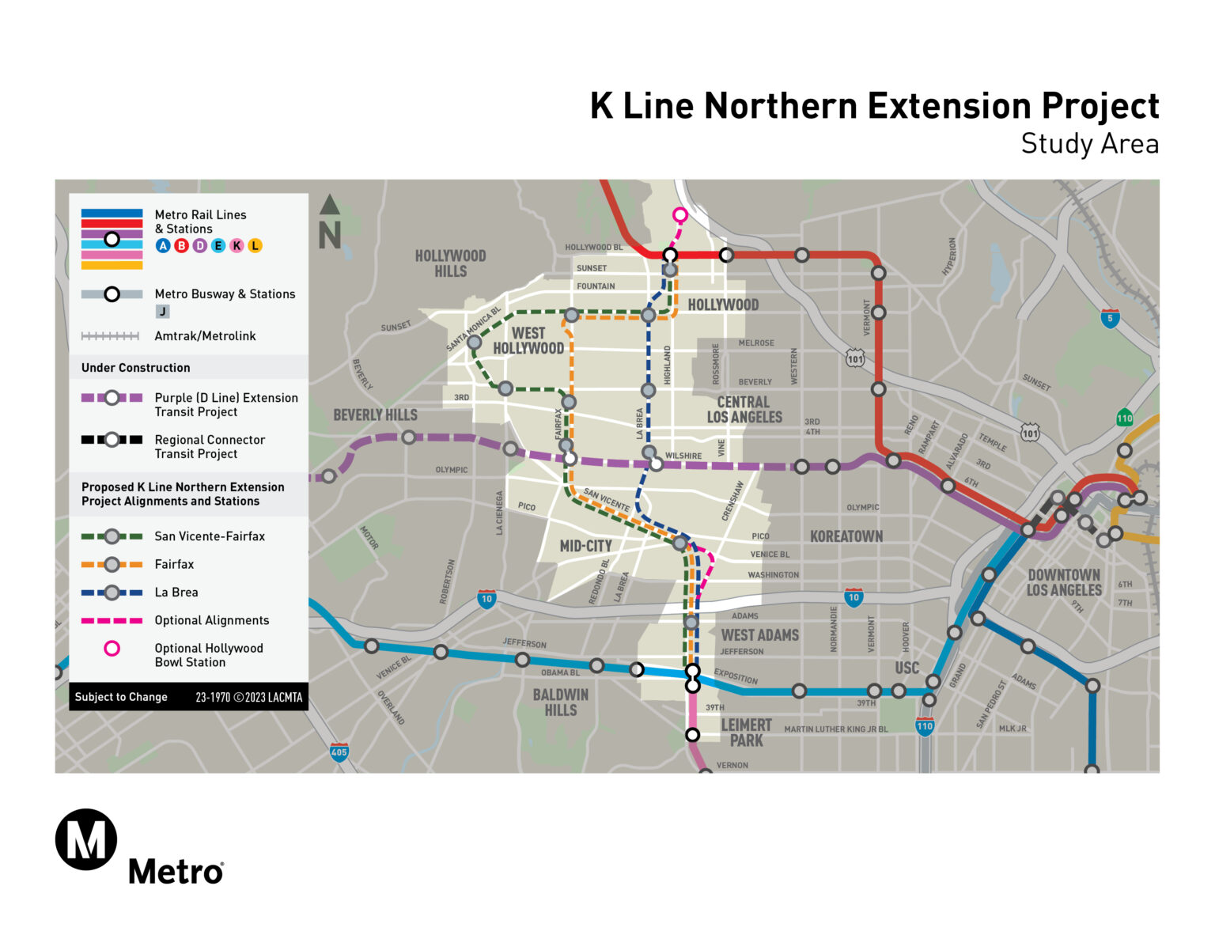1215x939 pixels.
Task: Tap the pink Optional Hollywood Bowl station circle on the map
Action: pyautogui.click(x=679, y=214)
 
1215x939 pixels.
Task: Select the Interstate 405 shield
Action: pyautogui.click(x=339, y=752)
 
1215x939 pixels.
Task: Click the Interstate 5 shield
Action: pyautogui.click(x=1110, y=319)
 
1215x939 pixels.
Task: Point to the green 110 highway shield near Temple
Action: pyautogui.click(x=1124, y=418)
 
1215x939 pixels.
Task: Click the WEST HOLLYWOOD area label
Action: pyautogui.click(x=528, y=341)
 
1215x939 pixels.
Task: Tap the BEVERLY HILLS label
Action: pyautogui.click(x=375, y=415)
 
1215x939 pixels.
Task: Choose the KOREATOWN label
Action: pyautogui.click(x=846, y=536)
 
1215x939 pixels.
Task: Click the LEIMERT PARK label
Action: pyautogui.click(x=746, y=733)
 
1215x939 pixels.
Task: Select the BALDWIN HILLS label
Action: pyautogui.click(x=560, y=702)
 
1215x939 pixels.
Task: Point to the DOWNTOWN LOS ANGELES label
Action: pyautogui.click(x=1064, y=583)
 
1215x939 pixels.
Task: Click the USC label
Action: pyautogui.click(x=907, y=668)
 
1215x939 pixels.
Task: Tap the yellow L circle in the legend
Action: pyautogui.click(x=255, y=246)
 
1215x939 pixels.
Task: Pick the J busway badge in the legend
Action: pyautogui.click(x=162, y=312)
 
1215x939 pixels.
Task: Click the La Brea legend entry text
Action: pyautogui.click(x=176, y=593)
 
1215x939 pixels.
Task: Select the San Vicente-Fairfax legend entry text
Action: pyautogui.click(x=210, y=536)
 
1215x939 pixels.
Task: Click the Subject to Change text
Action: pyautogui.click(x=121, y=697)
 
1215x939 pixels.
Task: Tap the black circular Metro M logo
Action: pyautogui.click(x=86, y=839)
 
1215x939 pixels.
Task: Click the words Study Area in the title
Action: pyautogui.click(x=1089, y=144)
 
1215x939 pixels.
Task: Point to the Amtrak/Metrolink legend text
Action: pyautogui.click(x=205, y=336)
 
